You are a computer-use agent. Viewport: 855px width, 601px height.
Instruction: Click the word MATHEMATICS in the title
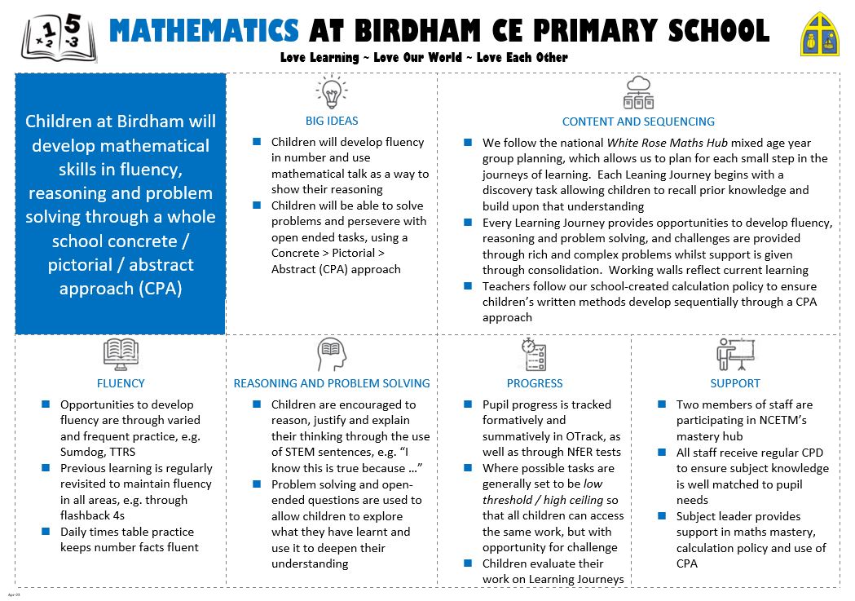204,31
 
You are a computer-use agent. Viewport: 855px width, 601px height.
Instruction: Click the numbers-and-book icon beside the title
59,39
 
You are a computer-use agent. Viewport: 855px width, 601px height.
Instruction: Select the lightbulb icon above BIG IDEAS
331,93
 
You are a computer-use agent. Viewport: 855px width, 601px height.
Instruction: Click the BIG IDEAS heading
332,122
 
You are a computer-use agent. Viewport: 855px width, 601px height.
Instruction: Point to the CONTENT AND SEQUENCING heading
638,122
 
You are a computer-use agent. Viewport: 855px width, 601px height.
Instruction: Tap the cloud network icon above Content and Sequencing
638,93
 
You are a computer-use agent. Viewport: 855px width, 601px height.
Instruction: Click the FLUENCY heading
121,383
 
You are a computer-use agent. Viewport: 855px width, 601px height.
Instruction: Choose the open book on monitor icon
121,355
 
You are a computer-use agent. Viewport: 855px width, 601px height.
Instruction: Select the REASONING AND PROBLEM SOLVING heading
332,383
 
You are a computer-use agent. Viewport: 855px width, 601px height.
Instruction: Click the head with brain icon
332,355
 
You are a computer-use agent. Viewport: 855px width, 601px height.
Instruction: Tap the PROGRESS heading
534,383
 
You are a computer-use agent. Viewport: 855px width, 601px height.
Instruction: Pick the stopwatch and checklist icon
534,355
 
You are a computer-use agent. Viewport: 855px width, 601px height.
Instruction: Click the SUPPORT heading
734,383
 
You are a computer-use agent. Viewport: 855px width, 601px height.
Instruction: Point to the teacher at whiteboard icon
734,355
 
